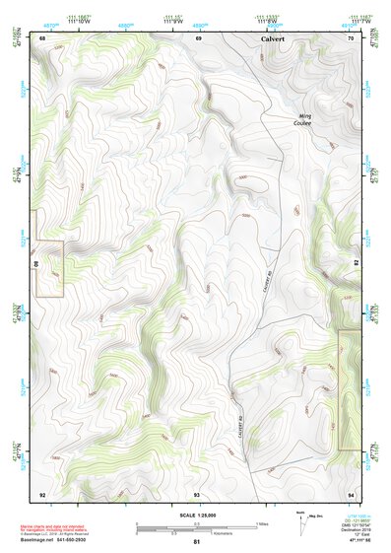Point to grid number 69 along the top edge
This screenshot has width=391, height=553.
point(199,37)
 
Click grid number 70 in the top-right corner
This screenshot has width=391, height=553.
point(352,37)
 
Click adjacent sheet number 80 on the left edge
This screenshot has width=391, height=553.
point(38,265)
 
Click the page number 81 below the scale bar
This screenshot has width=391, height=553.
point(197,542)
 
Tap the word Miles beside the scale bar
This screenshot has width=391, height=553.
point(263,522)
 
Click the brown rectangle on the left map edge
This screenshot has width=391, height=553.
point(50,268)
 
